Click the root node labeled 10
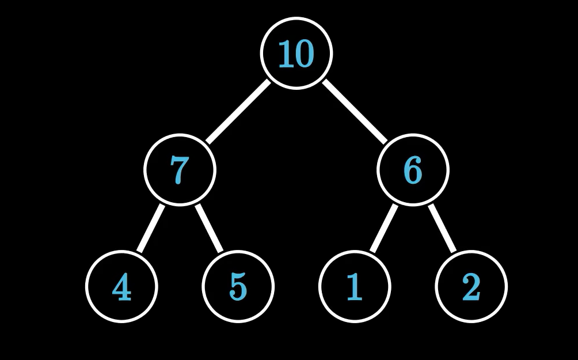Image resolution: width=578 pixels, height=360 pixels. pyautogui.click(x=296, y=54)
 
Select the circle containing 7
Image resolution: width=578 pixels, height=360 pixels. pyautogui.click(x=179, y=170)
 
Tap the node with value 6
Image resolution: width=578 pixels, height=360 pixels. pyautogui.click(x=413, y=170)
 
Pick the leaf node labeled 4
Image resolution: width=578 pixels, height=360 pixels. pyautogui.click(x=121, y=286)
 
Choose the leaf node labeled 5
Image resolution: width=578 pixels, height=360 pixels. pyautogui.click(x=238, y=286)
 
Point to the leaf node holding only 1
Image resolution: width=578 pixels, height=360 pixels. pyautogui.click(x=355, y=286)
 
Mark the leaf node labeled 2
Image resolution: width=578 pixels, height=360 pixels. pyautogui.click(x=471, y=286)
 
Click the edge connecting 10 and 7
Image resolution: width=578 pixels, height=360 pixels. pyautogui.click(x=238, y=112)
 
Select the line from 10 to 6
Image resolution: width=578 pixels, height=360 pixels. pyautogui.click(x=355, y=112)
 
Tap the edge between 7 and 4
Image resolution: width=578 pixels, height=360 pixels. pyautogui.click(x=150, y=228)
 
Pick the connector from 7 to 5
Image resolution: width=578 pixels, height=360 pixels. pyautogui.click(x=209, y=228)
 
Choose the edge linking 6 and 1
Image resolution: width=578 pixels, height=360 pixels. pyautogui.click(x=383, y=228)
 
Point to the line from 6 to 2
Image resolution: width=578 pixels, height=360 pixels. pyautogui.click(x=442, y=228)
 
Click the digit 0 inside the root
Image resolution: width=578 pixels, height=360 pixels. pyautogui.click(x=305, y=55)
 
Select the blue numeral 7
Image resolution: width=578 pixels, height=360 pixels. pyautogui.click(x=179, y=170)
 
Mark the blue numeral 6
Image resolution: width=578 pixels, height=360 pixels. pyautogui.click(x=413, y=170)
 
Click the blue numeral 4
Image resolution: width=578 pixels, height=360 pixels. pyautogui.click(x=121, y=287)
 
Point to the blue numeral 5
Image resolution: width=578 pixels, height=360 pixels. pyautogui.click(x=238, y=287)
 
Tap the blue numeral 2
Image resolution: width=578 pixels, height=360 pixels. pyautogui.click(x=471, y=287)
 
